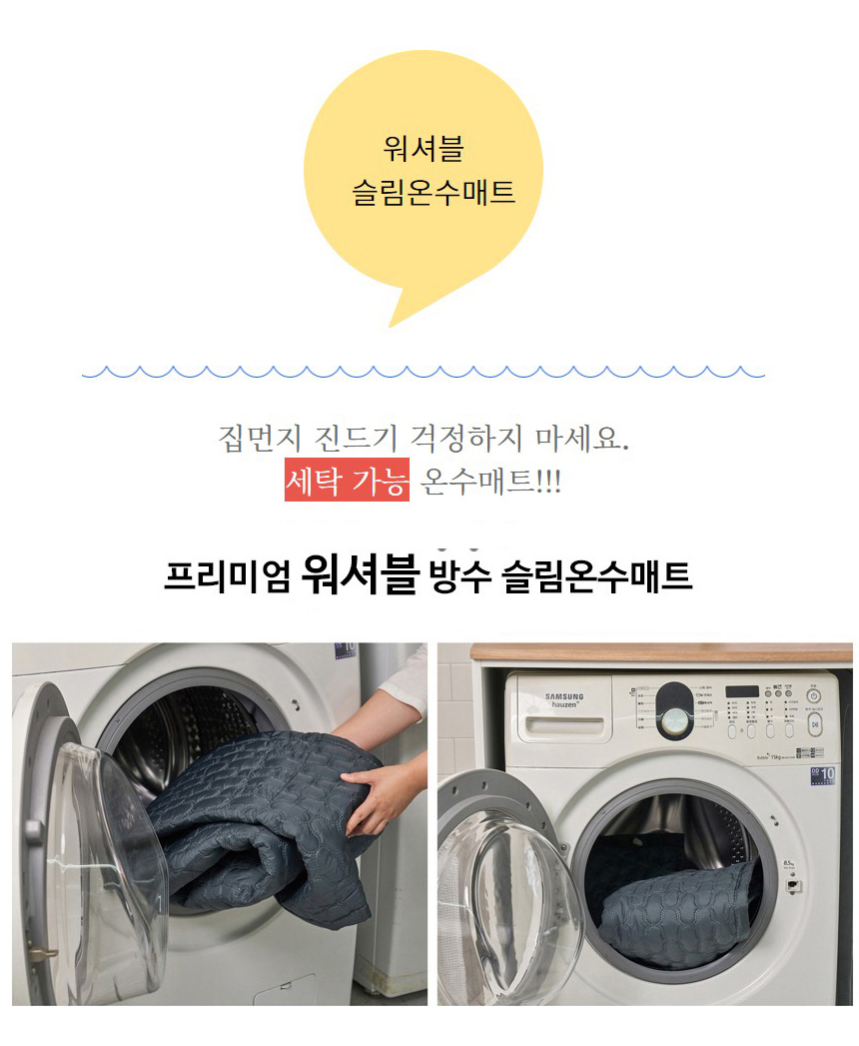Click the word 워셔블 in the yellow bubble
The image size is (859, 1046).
(x=424, y=149)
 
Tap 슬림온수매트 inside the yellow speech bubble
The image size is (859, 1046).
(x=433, y=192)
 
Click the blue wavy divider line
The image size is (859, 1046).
(x=424, y=372)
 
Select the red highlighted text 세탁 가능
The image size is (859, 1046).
(x=347, y=483)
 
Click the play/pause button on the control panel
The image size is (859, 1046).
(x=815, y=722)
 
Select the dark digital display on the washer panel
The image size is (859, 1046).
(x=742, y=691)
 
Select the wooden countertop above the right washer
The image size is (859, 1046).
(x=659, y=652)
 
